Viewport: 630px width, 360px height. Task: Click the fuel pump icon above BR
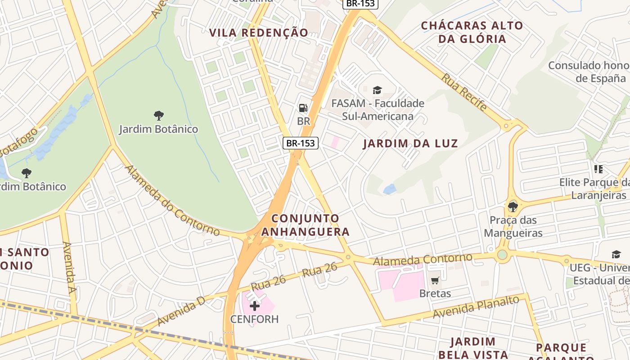[x=303, y=108]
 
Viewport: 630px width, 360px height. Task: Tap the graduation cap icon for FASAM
[x=377, y=90]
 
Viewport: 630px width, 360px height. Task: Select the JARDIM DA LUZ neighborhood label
[x=410, y=144]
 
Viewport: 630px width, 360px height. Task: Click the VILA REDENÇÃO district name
[x=259, y=32]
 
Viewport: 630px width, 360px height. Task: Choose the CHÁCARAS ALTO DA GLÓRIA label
[x=472, y=32]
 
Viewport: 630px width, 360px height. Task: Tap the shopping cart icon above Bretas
[x=435, y=281]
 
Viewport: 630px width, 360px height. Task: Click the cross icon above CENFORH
[x=255, y=306]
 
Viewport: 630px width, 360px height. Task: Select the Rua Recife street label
[x=464, y=92]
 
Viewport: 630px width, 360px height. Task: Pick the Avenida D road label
[x=181, y=311]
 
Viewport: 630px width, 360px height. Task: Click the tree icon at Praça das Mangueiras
[x=513, y=207]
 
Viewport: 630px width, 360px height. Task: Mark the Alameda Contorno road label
[x=423, y=259]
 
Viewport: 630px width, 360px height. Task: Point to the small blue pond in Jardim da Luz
[x=389, y=189]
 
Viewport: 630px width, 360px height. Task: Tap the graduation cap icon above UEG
[x=616, y=255]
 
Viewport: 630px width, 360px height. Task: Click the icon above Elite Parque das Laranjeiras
[x=598, y=170]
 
